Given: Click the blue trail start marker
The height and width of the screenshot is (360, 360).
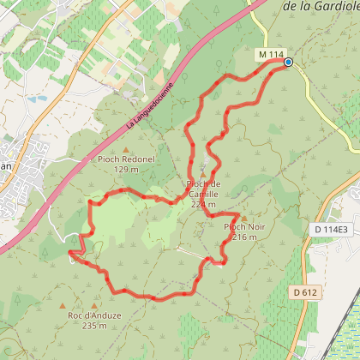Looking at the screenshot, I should coord(288,62).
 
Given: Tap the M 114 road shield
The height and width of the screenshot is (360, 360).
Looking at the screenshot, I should coord(270,55).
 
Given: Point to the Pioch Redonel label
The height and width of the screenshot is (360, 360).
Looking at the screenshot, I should coord(118,159).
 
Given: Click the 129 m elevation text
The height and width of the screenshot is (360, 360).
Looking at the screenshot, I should coord(118,170).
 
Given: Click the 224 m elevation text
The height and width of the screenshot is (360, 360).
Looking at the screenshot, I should coord(204,204).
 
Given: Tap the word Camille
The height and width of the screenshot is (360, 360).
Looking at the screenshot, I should coord(203,195).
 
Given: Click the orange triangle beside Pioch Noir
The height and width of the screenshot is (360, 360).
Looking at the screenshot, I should coord(244,218).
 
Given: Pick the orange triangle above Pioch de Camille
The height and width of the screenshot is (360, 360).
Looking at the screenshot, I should coord(203,175).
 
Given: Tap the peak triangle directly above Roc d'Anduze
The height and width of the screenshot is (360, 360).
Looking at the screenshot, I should coord(63,305).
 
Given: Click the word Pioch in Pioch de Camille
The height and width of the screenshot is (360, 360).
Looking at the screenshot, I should coord(198,184).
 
